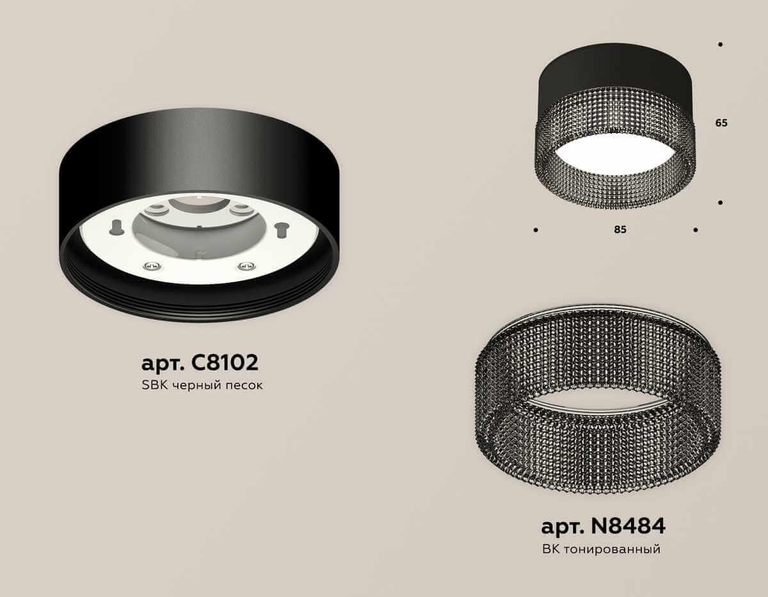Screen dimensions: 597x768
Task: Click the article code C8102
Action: pyautogui.click(x=224, y=363)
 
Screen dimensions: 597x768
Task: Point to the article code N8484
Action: pyautogui.click(x=629, y=526)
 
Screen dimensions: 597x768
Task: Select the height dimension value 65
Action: pyautogui.click(x=721, y=123)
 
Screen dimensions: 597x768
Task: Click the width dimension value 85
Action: pyautogui.click(x=620, y=230)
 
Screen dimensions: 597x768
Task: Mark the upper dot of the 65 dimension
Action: pyautogui.click(x=721, y=45)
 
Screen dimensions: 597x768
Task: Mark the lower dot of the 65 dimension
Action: pyautogui.click(x=721, y=202)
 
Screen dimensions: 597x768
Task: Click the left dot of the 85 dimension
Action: pyautogui.click(x=535, y=229)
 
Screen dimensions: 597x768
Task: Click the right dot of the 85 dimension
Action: pyautogui.click(x=695, y=229)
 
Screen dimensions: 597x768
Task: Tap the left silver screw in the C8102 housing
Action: pyautogui.click(x=149, y=266)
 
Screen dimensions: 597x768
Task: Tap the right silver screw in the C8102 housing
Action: pyautogui.click(x=243, y=266)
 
